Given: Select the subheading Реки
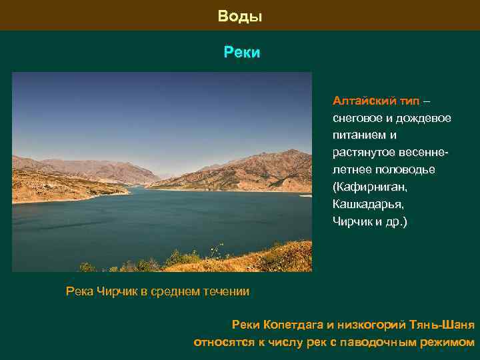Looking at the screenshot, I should [x=241, y=52].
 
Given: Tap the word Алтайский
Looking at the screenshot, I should [x=365, y=101].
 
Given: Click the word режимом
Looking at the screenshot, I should [x=448, y=343].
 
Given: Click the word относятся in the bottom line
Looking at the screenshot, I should [x=224, y=343].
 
